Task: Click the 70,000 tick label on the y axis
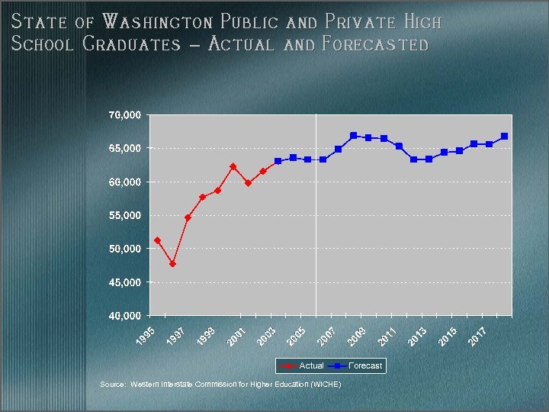coord(124,115)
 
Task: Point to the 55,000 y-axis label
coord(124,216)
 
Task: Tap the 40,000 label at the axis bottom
coord(124,316)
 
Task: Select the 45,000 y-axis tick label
coord(124,283)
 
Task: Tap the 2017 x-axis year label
coord(478,334)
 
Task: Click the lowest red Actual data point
coord(173,264)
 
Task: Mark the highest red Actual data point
coord(233,166)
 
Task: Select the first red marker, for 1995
coord(157,240)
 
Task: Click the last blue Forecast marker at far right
coord(504,137)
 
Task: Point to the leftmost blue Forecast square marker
coord(278,161)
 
